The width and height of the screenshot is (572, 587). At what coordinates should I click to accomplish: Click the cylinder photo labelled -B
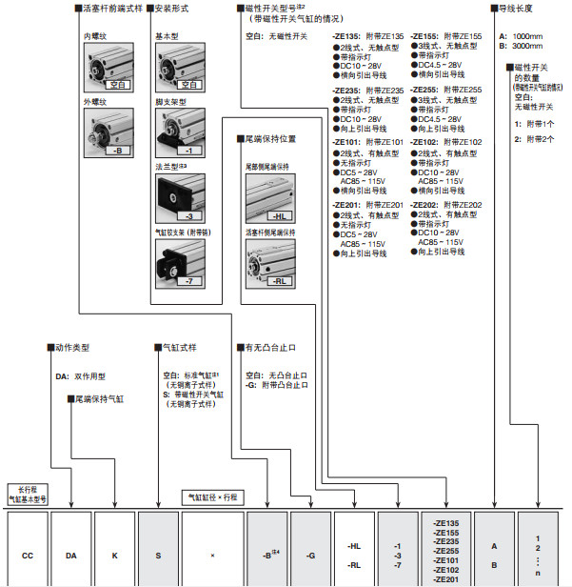coord(108,132)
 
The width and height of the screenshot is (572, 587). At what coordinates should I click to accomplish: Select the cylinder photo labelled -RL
coord(268,262)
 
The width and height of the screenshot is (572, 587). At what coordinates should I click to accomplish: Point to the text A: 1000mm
coord(520,34)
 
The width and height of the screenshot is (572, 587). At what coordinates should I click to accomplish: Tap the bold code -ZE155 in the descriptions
coord(426,36)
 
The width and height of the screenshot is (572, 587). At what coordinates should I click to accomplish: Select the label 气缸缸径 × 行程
coord(212,497)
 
